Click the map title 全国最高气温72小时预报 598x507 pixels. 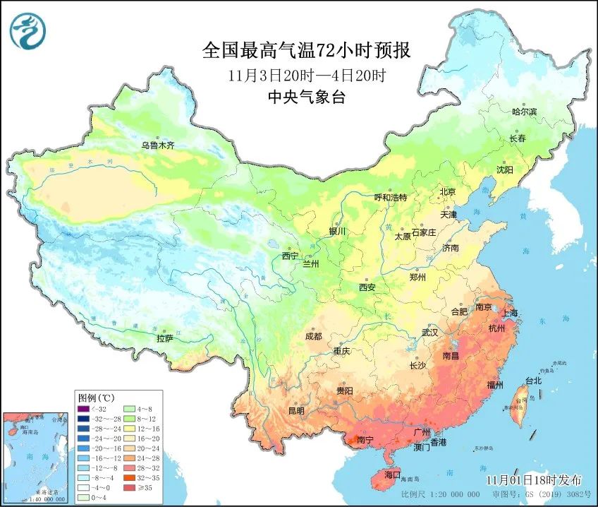306,51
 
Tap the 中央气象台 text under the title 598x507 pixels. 306,98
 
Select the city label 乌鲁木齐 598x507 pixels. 157,145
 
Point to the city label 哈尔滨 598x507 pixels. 524,112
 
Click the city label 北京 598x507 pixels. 448,191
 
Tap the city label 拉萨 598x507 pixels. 165,338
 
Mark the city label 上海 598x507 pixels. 508,312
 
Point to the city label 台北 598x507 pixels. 533,381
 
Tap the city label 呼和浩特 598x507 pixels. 390,198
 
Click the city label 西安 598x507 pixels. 367,287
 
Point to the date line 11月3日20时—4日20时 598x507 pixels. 306,75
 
